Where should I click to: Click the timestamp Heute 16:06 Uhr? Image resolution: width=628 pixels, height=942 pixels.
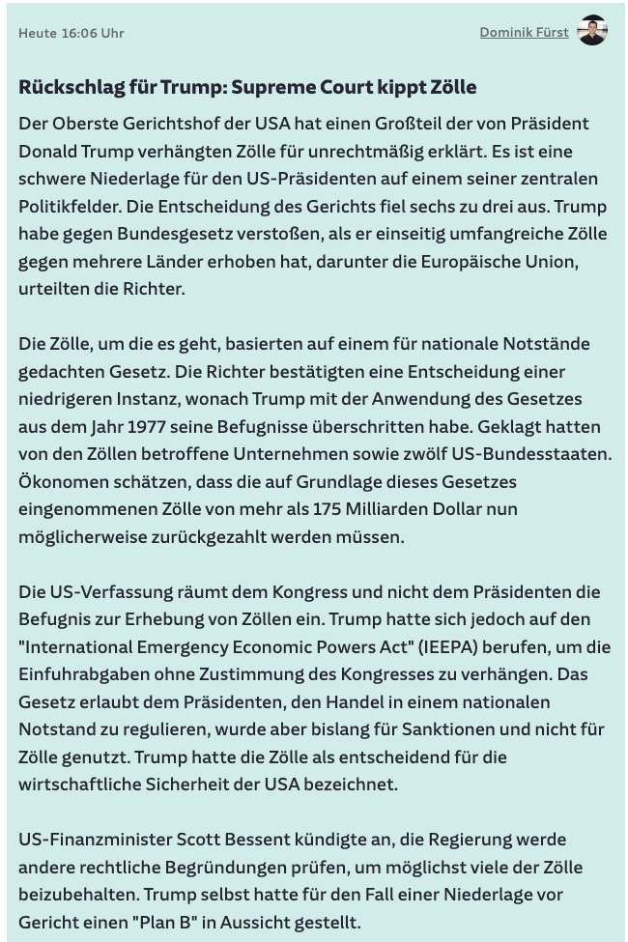point(71,33)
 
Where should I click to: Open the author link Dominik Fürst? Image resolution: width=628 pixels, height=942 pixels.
point(524,33)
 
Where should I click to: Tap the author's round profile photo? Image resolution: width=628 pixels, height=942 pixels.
point(592,31)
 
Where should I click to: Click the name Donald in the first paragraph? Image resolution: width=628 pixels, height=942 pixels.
point(49,152)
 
